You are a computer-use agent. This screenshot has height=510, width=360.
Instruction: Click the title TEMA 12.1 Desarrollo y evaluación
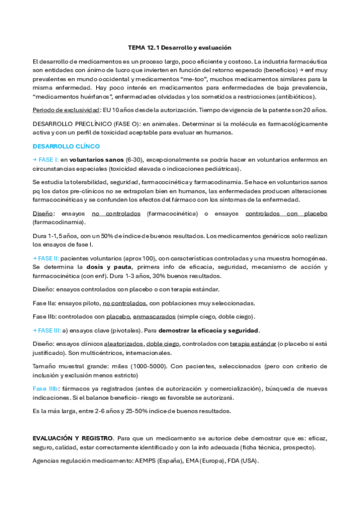(x=180, y=47)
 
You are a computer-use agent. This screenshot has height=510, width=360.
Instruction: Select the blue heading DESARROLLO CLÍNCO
(x=66, y=146)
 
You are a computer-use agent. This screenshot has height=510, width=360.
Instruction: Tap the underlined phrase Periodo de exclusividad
(x=66, y=110)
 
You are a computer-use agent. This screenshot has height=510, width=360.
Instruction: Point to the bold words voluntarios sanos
(x=96, y=160)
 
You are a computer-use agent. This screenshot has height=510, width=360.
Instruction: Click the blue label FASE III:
(x=48, y=330)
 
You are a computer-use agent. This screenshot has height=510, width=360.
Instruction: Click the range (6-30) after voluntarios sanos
(x=134, y=160)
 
